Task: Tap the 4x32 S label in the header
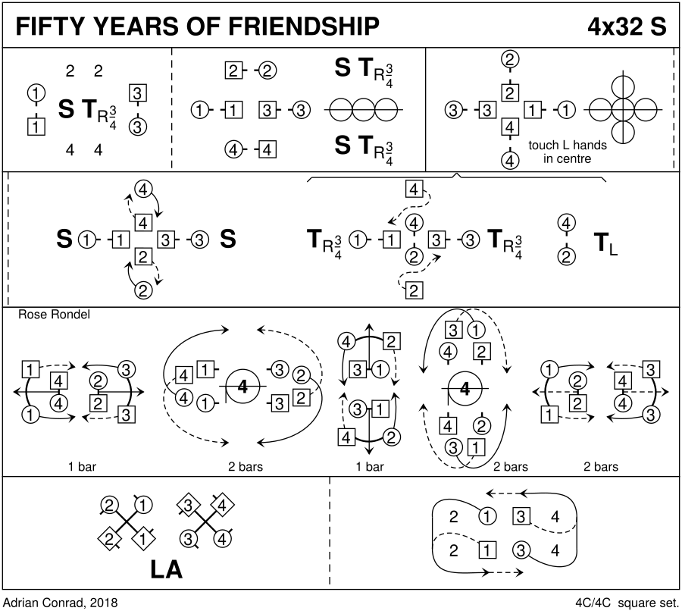tap(627, 27)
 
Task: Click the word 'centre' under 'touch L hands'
tap(573, 159)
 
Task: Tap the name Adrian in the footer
tap(21, 603)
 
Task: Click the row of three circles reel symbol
tap(363, 111)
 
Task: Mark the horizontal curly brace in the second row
tap(456, 177)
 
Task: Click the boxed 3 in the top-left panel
tap(137, 93)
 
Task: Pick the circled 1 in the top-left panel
tap(34, 93)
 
